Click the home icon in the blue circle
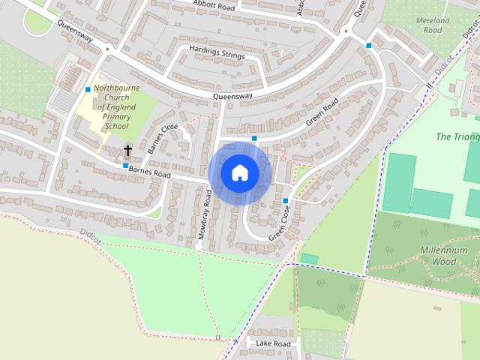240,173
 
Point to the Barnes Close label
163,138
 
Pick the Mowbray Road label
204,214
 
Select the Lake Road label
272,343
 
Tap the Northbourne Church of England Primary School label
116,107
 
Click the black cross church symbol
127,151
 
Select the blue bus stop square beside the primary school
88,90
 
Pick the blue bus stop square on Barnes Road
125,165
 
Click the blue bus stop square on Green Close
286,200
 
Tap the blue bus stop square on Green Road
255,139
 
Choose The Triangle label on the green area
457,137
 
